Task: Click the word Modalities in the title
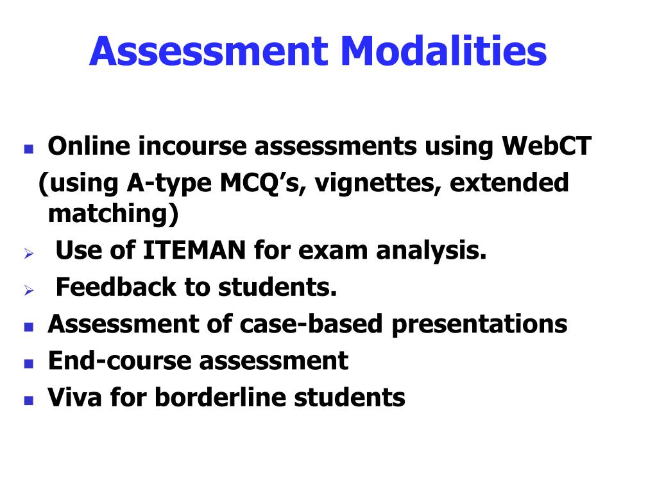click(438, 53)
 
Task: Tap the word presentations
click(479, 324)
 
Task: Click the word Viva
click(74, 397)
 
